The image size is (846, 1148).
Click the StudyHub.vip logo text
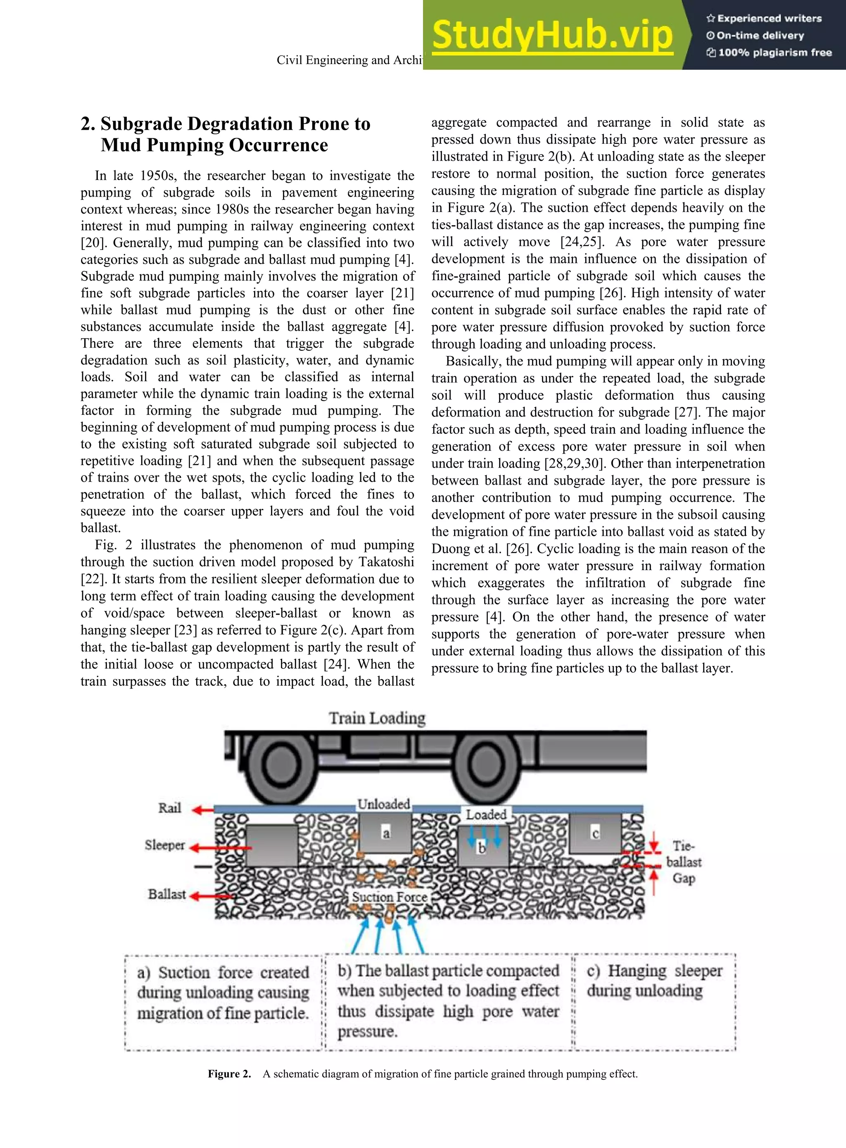coord(552,35)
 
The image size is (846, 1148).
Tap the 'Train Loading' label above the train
coord(377,718)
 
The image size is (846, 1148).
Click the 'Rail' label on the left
coord(169,808)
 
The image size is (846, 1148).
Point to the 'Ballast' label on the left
coord(166,894)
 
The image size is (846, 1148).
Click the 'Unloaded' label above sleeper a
coord(384,804)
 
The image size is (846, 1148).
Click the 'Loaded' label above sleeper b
coord(485,814)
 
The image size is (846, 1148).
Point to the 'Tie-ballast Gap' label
coord(684,862)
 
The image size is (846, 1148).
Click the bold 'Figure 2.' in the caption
coord(229,1074)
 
